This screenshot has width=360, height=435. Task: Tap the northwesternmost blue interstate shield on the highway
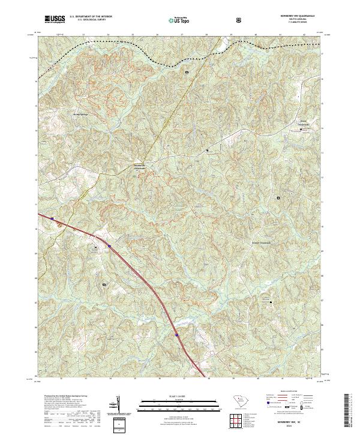click(x=53, y=219)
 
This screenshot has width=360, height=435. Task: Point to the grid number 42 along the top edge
click(x=304, y=35)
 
